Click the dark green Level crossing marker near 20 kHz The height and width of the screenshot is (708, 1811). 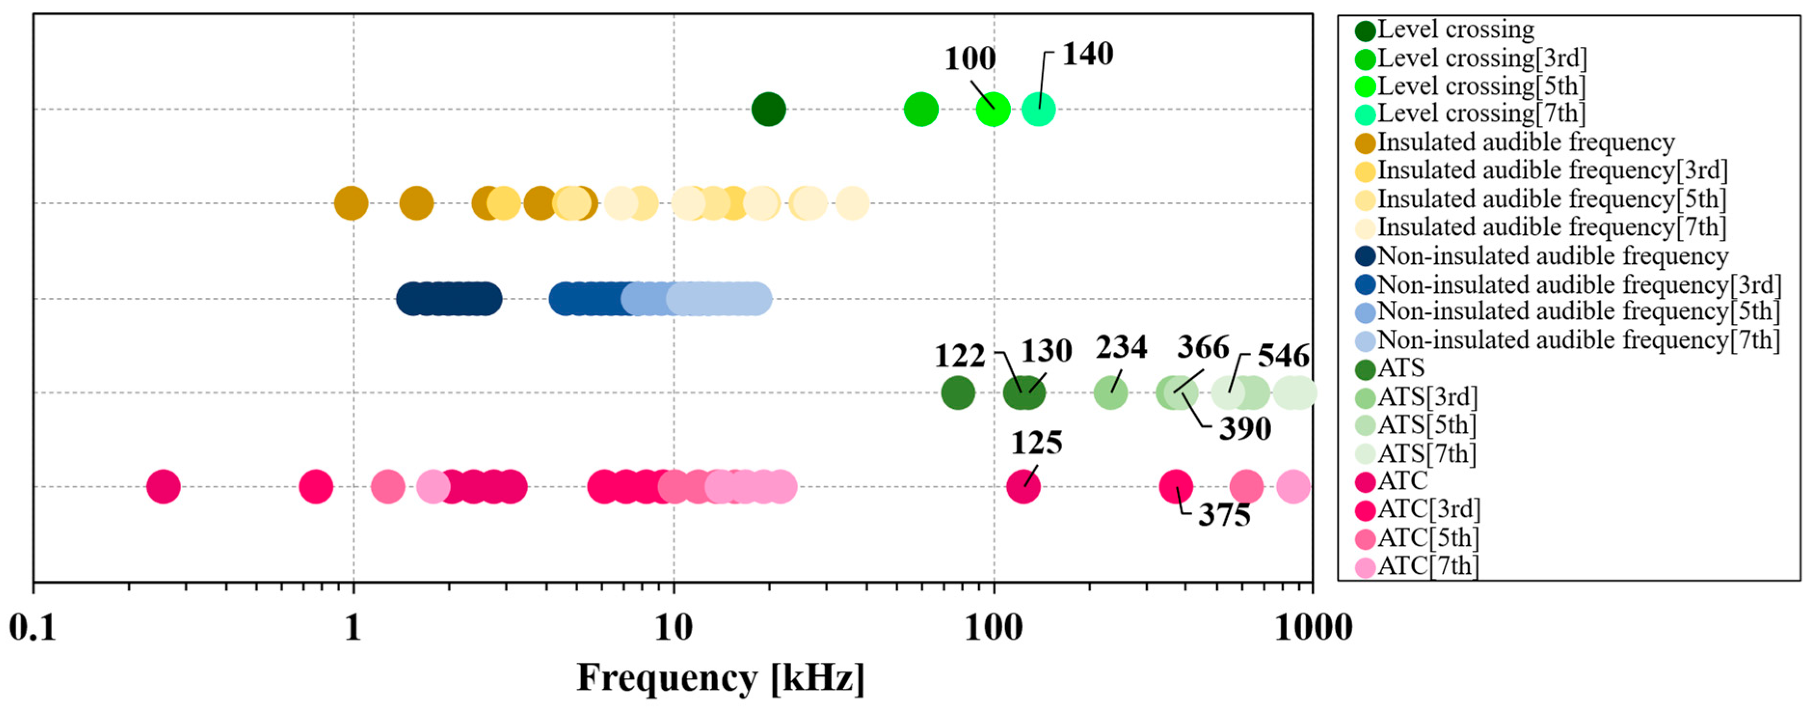pyautogui.click(x=769, y=109)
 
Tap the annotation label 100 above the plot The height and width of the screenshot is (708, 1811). pyautogui.click(x=970, y=58)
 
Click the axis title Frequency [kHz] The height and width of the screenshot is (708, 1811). pyautogui.click(x=720, y=679)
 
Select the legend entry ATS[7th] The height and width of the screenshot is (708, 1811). pyautogui.click(x=1426, y=454)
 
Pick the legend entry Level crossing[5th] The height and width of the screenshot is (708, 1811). pyautogui.click(x=1480, y=86)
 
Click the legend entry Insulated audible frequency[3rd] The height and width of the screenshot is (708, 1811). pyautogui.click(x=1552, y=170)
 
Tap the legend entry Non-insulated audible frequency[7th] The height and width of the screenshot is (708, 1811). pyautogui.click(x=1578, y=340)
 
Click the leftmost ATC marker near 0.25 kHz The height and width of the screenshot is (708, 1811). pyautogui.click(x=163, y=486)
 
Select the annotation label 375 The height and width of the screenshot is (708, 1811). pyautogui.click(x=1224, y=515)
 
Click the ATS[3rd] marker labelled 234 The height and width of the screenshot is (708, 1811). pyautogui.click(x=1111, y=392)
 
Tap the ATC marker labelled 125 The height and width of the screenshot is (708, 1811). pyautogui.click(x=1023, y=486)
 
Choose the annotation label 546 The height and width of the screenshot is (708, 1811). pyautogui.click(x=1283, y=356)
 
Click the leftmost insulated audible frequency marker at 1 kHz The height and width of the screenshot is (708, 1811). pyautogui.click(x=351, y=204)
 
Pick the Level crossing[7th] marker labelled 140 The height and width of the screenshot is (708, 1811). pyautogui.click(x=1039, y=109)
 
